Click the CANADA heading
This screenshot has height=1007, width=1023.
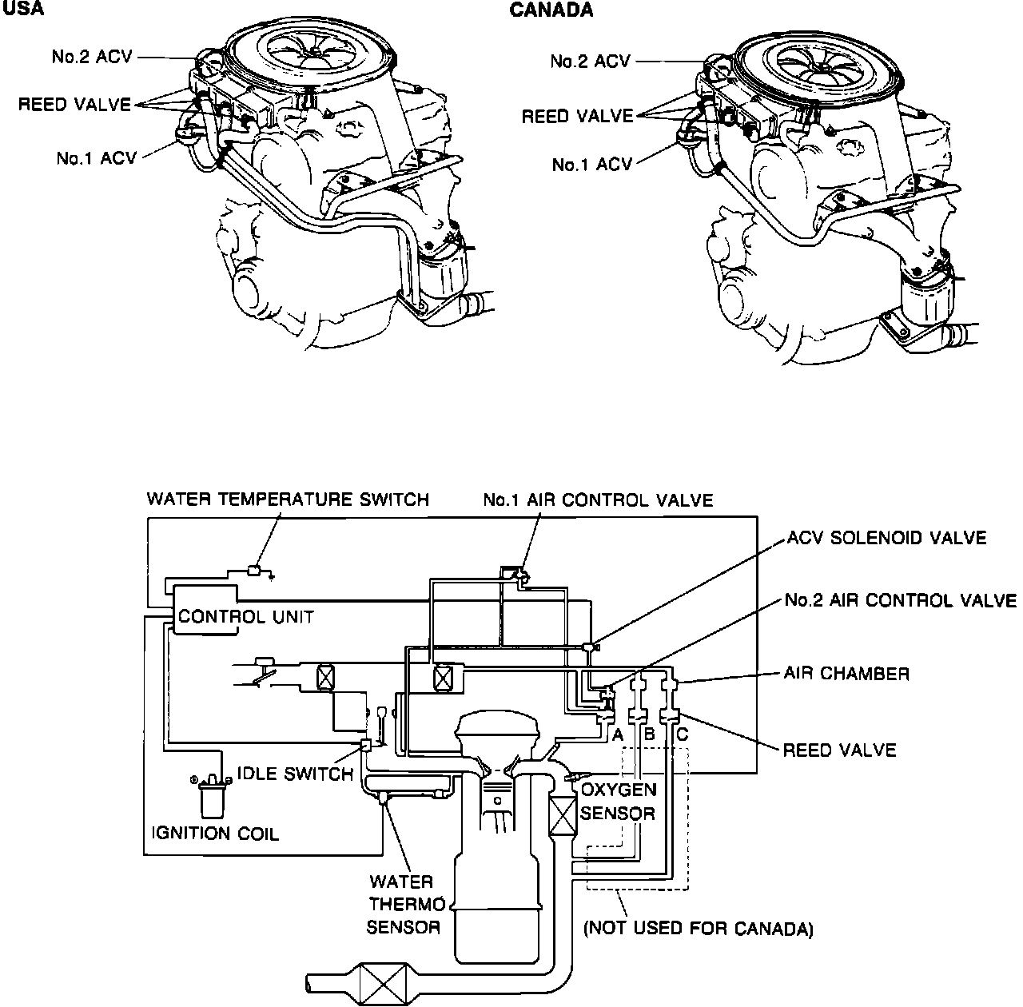[x=551, y=10]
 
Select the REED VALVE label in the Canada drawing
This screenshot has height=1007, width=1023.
[x=577, y=117]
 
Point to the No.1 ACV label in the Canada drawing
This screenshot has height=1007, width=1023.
[x=591, y=165]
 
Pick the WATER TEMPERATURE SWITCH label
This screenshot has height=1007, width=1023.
[x=288, y=500]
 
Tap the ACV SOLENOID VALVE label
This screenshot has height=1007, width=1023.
[x=886, y=538]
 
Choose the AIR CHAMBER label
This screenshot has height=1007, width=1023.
[x=846, y=673]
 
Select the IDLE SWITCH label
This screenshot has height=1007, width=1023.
[x=295, y=773]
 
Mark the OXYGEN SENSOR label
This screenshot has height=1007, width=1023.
[x=618, y=802]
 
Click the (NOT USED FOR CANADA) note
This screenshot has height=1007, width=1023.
[x=698, y=929]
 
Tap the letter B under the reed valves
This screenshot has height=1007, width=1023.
[x=649, y=734]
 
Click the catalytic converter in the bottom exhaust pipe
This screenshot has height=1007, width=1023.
[x=383, y=978]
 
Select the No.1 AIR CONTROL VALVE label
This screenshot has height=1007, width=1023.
[x=597, y=500]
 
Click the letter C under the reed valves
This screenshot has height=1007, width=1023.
[x=681, y=734]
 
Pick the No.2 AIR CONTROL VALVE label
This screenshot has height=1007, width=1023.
[x=900, y=600]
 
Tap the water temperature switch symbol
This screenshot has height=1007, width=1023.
[x=253, y=571]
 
